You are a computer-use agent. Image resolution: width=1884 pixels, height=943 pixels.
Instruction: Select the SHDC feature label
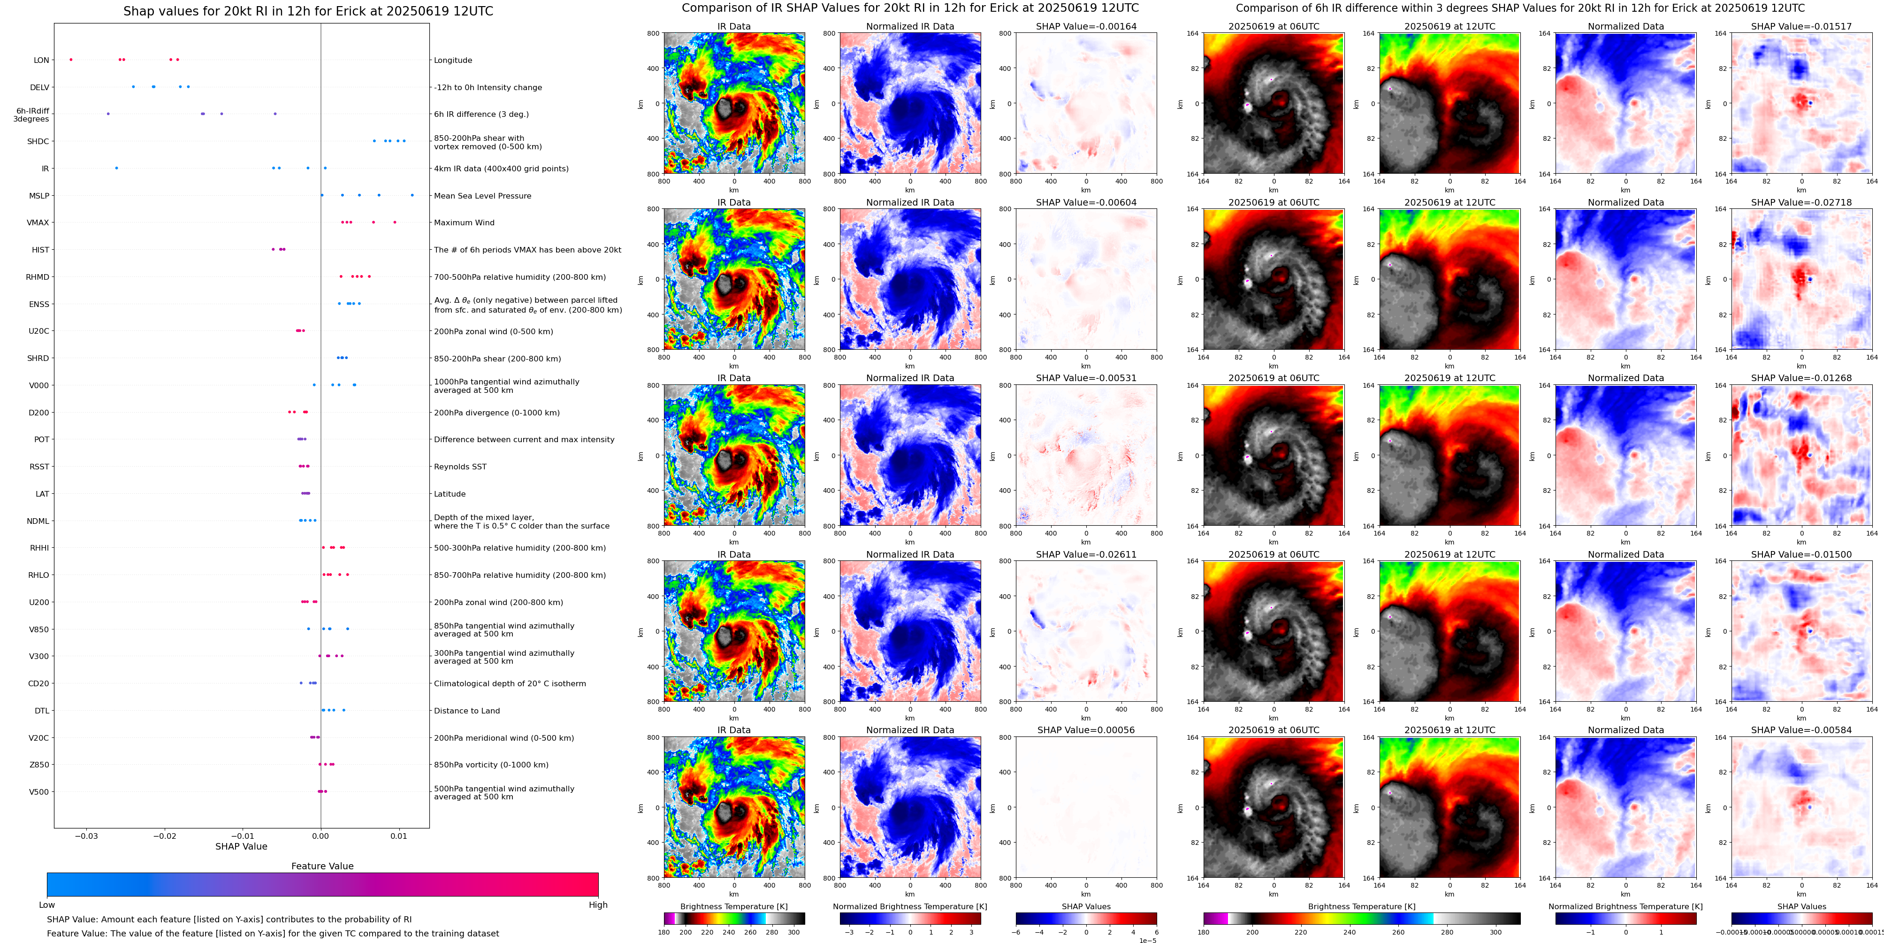(x=38, y=141)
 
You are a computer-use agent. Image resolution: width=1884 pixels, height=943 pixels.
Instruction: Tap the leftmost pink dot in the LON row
(x=71, y=59)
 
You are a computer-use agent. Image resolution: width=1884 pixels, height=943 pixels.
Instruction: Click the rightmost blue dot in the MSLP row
(x=412, y=195)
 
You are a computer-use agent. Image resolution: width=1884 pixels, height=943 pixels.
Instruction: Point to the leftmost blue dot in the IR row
(x=116, y=168)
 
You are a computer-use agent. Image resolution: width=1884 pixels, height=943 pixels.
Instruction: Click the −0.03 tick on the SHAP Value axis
(x=86, y=836)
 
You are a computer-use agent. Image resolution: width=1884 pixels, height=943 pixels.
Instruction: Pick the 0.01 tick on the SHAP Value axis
(x=398, y=836)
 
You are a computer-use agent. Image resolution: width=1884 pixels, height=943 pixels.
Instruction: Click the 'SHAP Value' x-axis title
(x=241, y=846)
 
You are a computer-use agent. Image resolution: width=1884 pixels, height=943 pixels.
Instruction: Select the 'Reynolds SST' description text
(x=460, y=467)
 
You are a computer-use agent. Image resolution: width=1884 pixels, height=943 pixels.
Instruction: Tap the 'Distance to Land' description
(x=466, y=710)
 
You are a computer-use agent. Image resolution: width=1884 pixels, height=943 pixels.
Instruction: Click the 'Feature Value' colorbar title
(x=322, y=866)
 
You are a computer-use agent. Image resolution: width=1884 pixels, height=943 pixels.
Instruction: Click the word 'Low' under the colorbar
(x=47, y=905)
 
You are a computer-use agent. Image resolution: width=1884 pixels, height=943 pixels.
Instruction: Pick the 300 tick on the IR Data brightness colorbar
(x=793, y=932)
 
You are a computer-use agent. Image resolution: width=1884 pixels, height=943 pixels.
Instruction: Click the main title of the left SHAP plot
(x=308, y=11)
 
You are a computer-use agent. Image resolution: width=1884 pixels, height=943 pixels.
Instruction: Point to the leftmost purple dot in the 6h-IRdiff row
(x=108, y=114)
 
